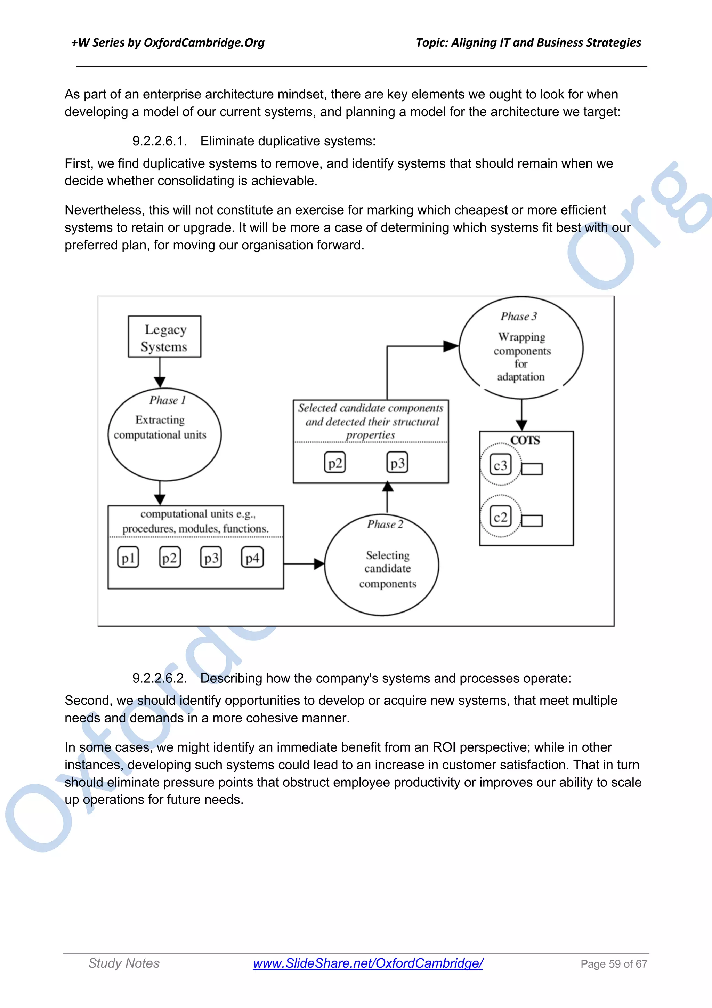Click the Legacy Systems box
(x=164, y=337)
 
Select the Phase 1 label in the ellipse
(x=168, y=400)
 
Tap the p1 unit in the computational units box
(x=128, y=558)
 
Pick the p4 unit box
(x=252, y=558)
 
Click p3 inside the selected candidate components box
(x=397, y=463)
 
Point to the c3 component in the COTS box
(x=501, y=465)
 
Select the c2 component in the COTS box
(x=501, y=517)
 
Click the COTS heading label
(x=525, y=440)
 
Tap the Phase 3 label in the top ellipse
(x=519, y=316)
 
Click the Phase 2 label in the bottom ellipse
(x=385, y=524)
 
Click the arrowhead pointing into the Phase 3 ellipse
(x=451, y=346)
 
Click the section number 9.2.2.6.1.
(x=160, y=141)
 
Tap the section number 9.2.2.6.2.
(x=160, y=678)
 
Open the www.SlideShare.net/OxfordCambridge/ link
(x=367, y=963)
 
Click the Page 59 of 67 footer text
(x=613, y=964)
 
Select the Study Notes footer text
(x=124, y=963)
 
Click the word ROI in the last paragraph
(x=444, y=747)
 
